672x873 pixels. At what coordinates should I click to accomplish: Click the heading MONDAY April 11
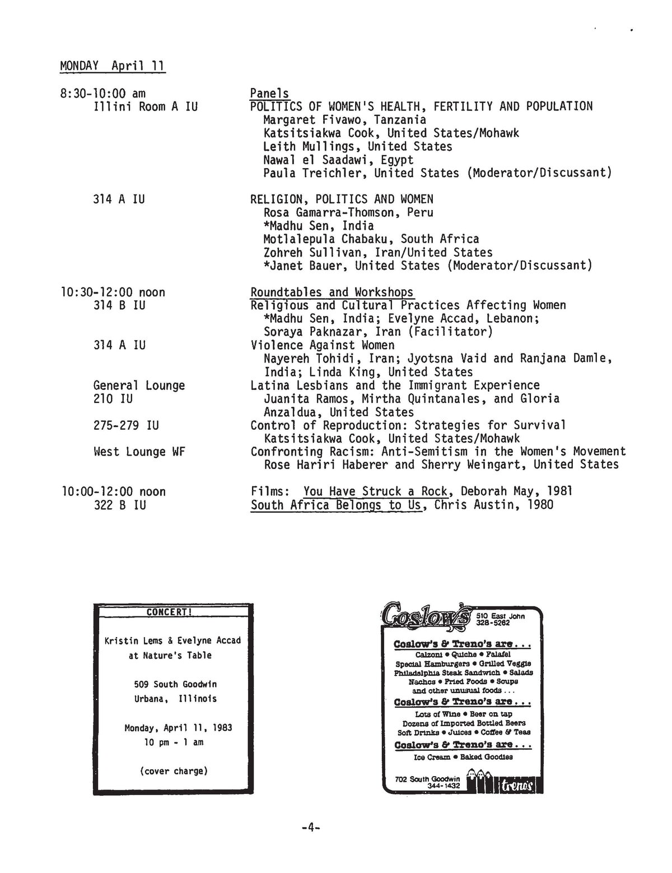click(x=112, y=66)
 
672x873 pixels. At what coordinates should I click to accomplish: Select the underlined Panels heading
click(x=269, y=93)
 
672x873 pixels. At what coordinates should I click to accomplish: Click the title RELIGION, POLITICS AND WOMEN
click(x=342, y=199)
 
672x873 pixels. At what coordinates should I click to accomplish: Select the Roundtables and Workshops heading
click(x=332, y=292)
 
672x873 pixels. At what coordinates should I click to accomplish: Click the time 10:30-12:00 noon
click(x=113, y=292)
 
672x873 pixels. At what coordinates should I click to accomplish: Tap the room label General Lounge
click(x=139, y=386)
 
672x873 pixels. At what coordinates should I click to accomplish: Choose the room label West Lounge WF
click(x=139, y=452)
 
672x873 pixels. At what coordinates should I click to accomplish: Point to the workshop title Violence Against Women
click(x=323, y=345)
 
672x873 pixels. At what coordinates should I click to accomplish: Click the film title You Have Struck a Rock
click(x=375, y=492)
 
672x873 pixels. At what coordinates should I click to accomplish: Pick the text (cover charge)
click(x=174, y=771)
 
